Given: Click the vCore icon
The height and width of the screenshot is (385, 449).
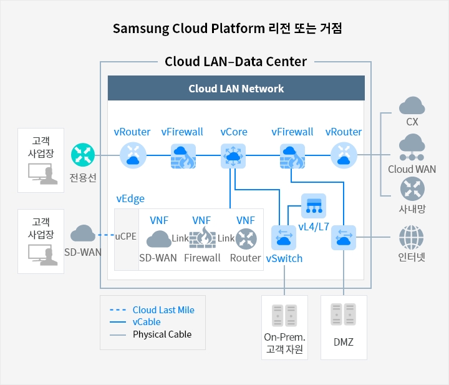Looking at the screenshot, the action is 233,156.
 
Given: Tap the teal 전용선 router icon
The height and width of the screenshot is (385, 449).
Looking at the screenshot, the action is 83,155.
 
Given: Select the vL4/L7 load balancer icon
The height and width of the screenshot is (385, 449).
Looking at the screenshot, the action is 314,206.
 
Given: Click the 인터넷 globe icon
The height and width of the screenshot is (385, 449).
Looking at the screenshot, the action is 412,237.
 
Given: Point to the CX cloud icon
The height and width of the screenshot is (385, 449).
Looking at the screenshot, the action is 412,105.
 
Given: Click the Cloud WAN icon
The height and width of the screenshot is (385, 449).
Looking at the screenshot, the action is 412,147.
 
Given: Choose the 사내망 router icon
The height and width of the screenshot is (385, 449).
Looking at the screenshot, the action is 412,189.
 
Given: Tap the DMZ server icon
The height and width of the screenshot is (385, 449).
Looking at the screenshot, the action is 344,314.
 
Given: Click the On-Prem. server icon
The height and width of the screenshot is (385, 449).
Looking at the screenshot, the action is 284,315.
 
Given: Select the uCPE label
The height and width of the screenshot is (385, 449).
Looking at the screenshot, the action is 126,236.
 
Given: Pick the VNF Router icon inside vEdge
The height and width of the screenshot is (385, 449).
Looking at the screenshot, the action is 246,238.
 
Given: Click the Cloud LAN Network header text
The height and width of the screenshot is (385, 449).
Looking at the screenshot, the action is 236,89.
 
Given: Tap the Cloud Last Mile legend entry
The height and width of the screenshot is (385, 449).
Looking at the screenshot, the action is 163,309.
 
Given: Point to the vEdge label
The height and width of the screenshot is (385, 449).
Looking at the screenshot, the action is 130,198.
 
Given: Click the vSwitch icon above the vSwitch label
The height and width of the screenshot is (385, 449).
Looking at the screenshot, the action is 284,238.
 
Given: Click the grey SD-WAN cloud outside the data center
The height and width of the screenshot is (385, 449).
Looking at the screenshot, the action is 83,233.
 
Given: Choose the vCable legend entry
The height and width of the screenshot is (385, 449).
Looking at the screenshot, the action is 147,322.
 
